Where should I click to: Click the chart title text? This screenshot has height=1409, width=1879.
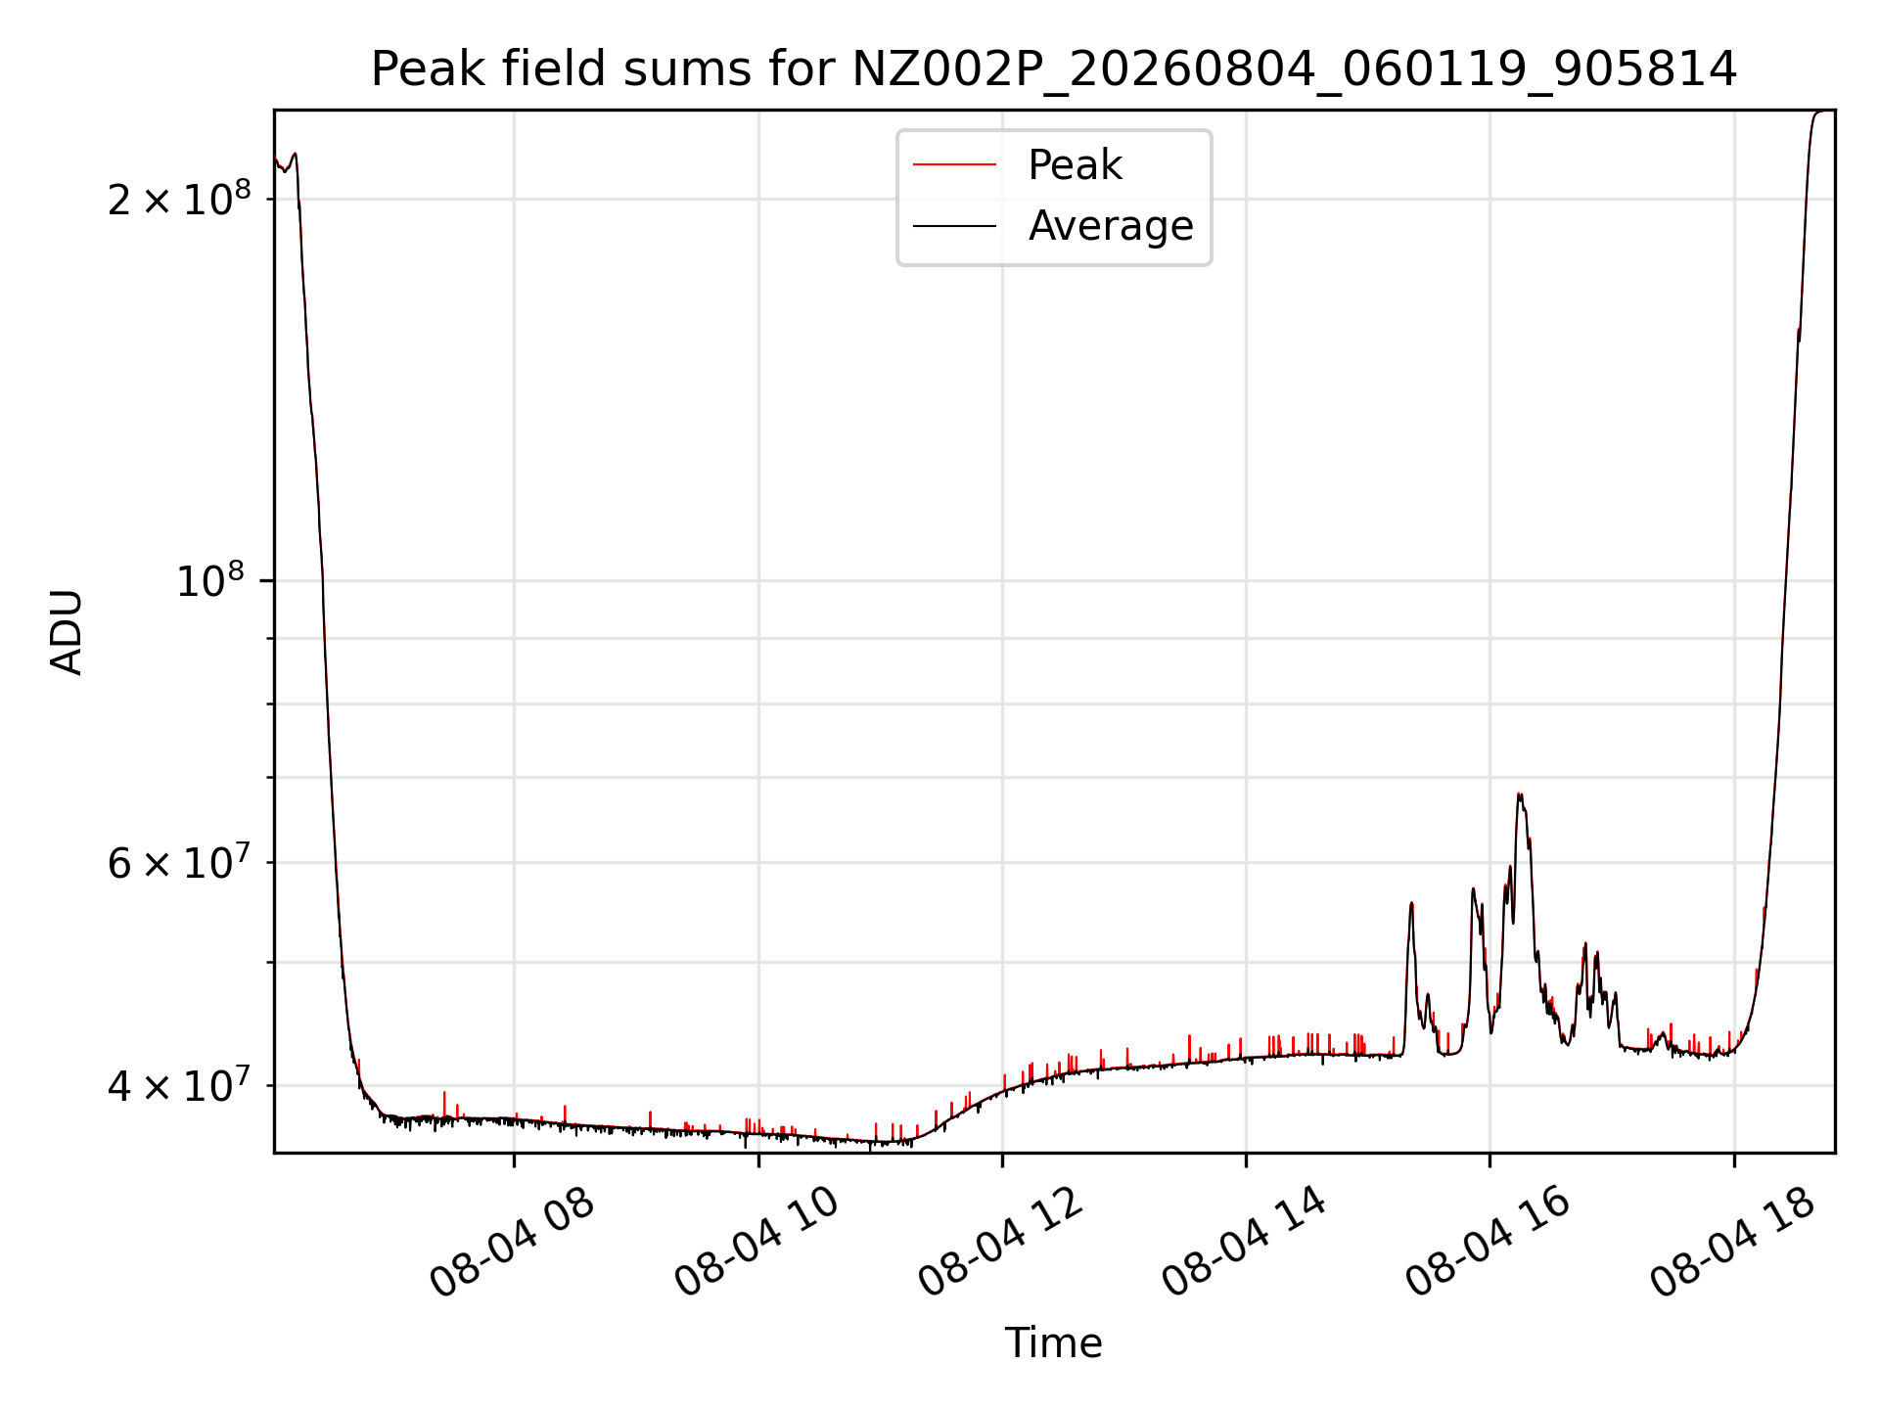[1054, 69]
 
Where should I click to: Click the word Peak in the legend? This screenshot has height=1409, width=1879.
[1075, 165]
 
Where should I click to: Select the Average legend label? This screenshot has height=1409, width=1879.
[1111, 226]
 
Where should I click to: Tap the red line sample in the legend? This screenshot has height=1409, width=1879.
[954, 165]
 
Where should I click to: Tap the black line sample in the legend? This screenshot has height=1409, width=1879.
[954, 226]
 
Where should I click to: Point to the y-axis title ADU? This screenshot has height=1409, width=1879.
[67, 632]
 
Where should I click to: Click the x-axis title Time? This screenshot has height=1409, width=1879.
[1053, 1343]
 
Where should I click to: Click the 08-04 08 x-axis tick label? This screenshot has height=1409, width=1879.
[513, 1243]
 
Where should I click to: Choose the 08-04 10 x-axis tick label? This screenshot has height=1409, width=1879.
[757, 1243]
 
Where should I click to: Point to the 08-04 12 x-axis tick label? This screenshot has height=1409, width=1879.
[1001, 1243]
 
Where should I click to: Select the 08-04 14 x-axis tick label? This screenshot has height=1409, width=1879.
[1245, 1243]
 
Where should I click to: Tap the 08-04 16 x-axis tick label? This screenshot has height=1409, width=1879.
[1489, 1243]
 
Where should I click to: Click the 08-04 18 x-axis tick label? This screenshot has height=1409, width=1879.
[1733, 1243]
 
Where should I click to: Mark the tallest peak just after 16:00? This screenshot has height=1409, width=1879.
[1519, 795]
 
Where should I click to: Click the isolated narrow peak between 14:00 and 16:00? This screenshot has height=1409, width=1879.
[1411, 904]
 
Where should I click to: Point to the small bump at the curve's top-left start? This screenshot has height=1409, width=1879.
[295, 155]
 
